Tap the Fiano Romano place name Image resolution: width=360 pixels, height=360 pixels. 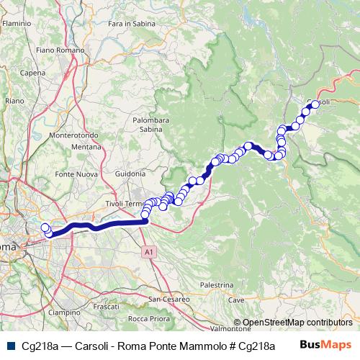pos(55,50)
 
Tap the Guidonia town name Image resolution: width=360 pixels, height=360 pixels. pos(130,174)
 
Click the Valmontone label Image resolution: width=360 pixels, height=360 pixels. pos(210,328)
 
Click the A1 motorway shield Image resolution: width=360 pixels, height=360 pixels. pos(148,253)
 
